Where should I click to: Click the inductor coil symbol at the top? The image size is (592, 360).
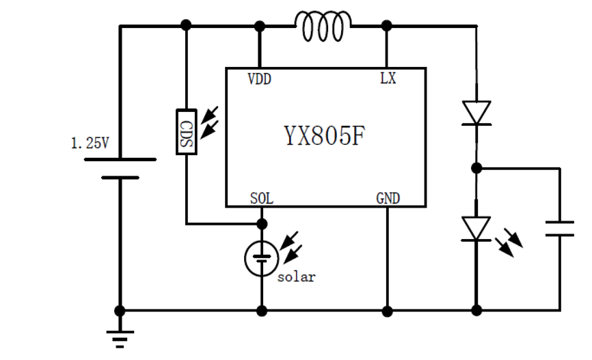tap(323, 26)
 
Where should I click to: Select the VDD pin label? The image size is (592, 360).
tap(259, 79)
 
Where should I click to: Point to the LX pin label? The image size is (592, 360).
tap(387, 79)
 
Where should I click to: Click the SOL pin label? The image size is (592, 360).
tap(261, 199)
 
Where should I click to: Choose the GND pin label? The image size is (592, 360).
tap(388, 199)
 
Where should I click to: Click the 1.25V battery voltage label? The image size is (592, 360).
tap(90, 143)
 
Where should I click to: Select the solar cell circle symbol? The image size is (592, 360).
tap(260, 258)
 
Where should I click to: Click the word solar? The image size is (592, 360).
tap(296, 277)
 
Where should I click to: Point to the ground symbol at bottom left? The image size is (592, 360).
tap(120, 337)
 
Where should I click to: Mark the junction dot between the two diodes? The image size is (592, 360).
tap(476, 167)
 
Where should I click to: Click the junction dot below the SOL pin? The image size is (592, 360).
tap(261, 223)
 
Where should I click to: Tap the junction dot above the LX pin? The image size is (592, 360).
tap(387, 26)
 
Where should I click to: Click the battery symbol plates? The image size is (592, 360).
tap(120, 168)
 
